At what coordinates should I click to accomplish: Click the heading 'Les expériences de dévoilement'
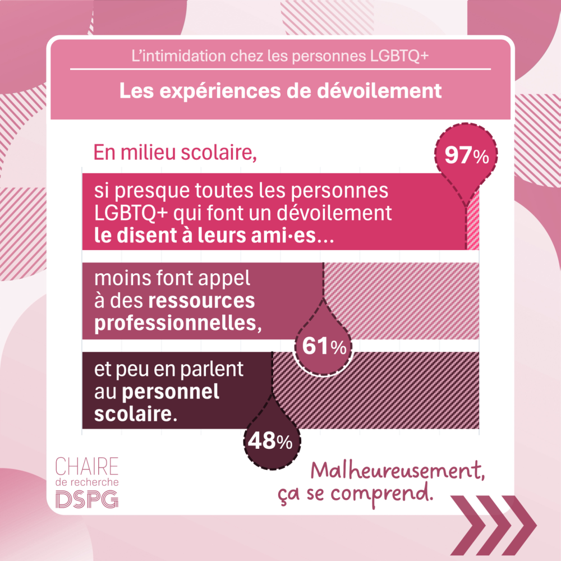pyautogui.click(x=280, y=91)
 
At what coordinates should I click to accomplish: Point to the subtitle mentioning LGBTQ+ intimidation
pyautogui.click(x=280, y=57)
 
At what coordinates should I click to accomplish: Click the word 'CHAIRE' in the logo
pyautogui.click(x=87, y=466)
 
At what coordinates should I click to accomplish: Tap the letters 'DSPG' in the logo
pyautogui.click(x=87, y=498)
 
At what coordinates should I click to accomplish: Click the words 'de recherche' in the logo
pyautogui.click(x=87, y=482)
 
